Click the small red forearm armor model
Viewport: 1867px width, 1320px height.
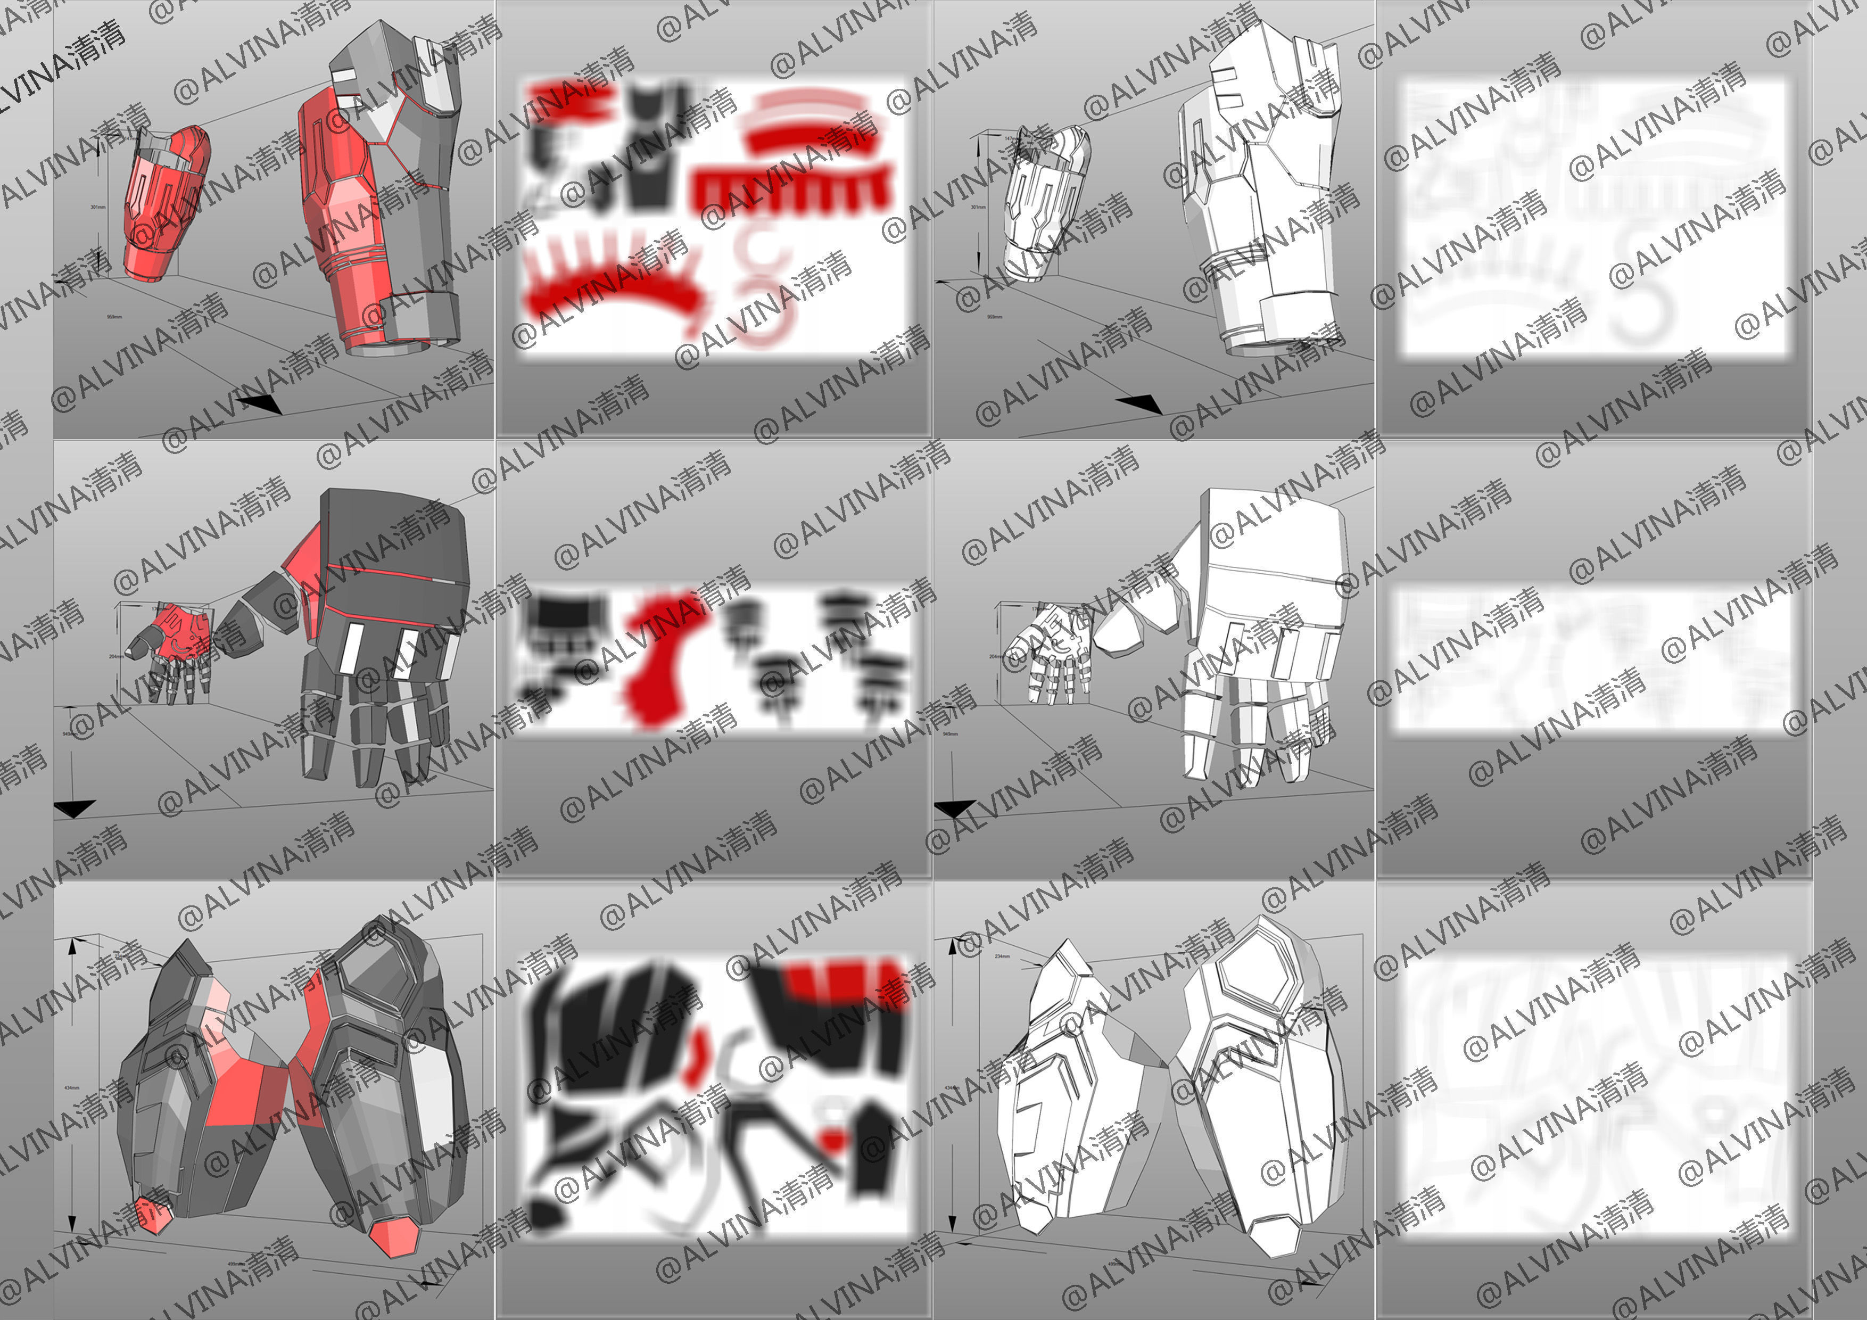165,203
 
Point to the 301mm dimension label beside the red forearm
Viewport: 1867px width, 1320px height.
97,208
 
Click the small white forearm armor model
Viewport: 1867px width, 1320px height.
1045,203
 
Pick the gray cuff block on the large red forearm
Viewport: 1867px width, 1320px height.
423,317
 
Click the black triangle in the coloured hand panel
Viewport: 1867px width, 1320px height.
75,807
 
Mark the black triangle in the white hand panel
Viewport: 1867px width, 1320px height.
954,807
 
